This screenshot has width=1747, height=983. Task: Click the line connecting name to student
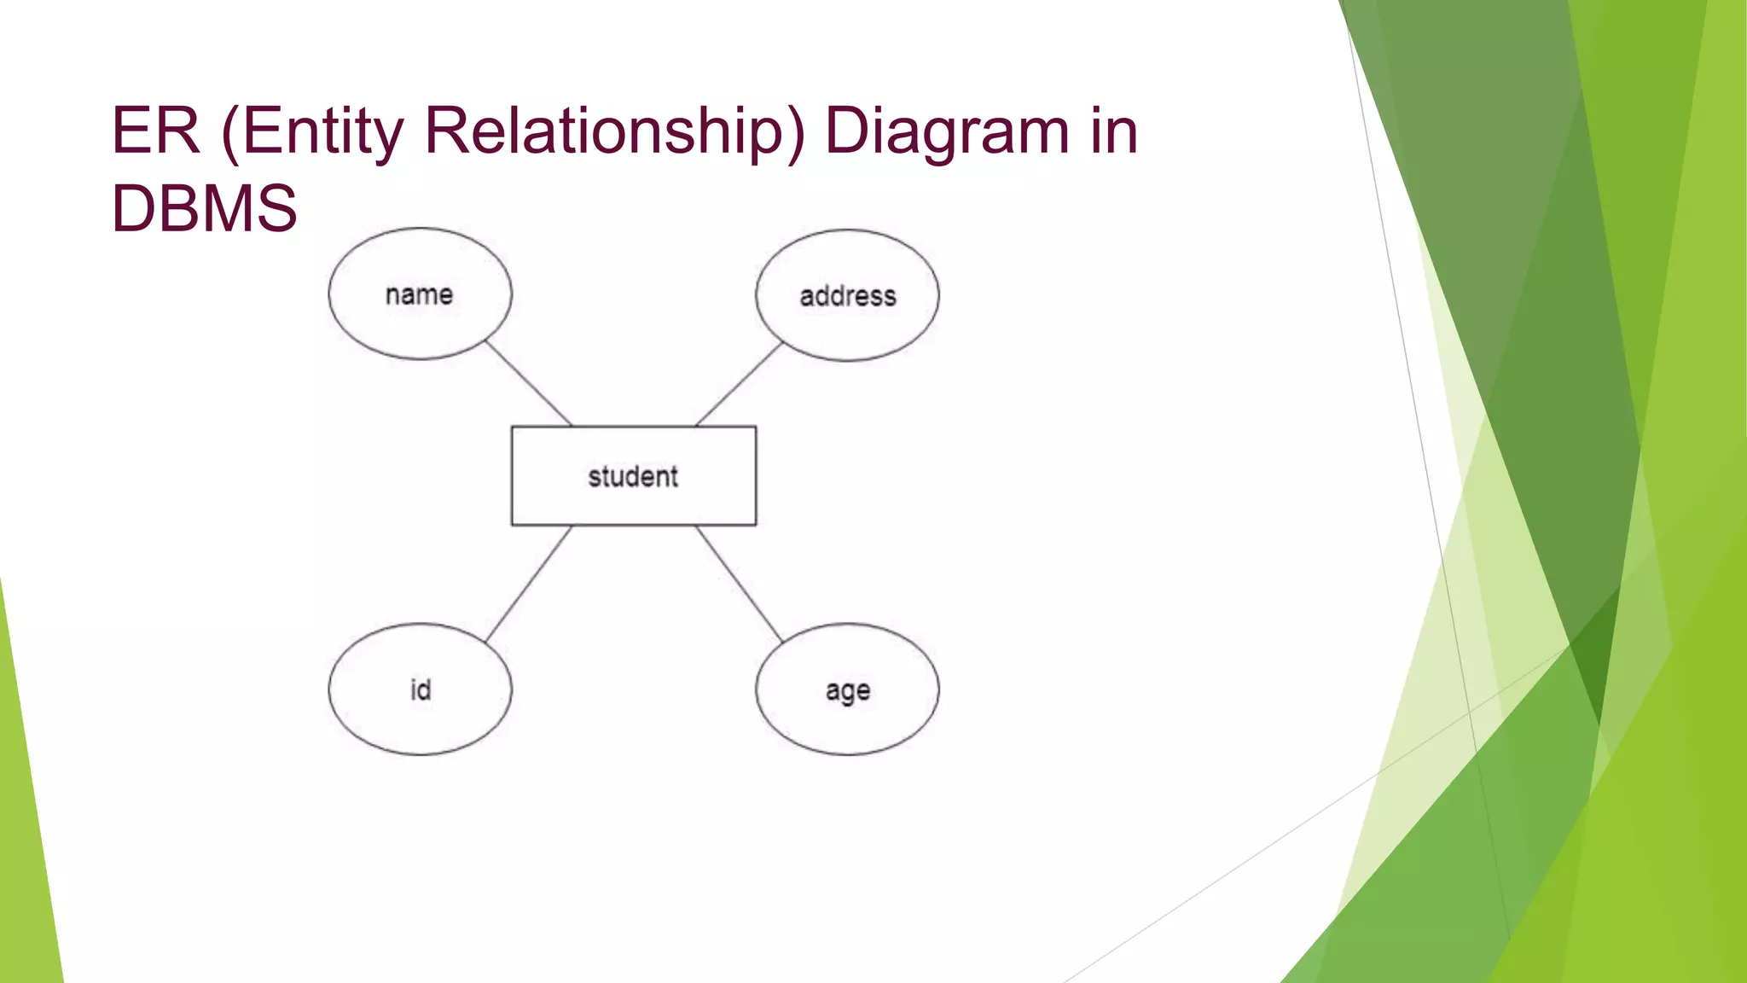tap(529, 383)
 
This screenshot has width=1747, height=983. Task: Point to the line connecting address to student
tap(739, 384)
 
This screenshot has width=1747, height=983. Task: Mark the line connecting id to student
tap(529, 584)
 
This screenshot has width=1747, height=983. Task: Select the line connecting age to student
tap(739, 584)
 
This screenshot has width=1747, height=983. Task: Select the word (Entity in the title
tap(312, 132)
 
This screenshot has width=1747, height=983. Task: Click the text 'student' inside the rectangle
tap(633, 476)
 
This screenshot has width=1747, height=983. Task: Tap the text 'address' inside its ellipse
tap(848, 296)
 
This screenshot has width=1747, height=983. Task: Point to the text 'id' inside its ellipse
tap(421, 689)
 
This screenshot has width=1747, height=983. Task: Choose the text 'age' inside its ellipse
tap(848, 691)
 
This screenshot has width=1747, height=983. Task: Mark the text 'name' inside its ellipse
tap(419, 294)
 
